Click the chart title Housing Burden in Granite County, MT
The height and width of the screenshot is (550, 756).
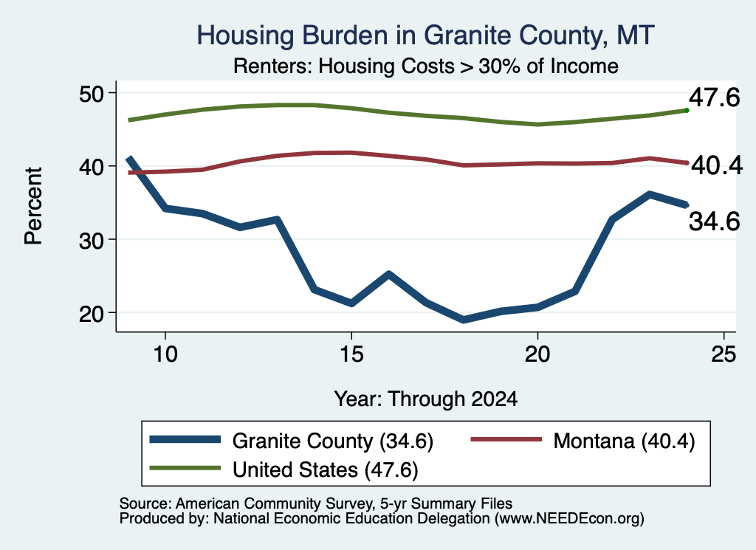point(425,35)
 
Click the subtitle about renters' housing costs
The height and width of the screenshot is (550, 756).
point(426,66)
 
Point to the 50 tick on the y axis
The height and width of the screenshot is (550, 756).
point(92,93)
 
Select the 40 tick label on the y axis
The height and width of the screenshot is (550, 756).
point(92,166)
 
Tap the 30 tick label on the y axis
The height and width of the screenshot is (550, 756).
point(92,240)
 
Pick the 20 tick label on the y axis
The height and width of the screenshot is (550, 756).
point(92,314)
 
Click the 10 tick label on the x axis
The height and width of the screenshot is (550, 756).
point(165,354)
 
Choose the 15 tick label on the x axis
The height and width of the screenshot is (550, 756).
point(351,354)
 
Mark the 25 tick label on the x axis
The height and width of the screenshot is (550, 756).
point(724,354)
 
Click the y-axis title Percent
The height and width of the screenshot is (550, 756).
point(34,206)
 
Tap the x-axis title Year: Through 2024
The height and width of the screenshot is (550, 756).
point(426,399)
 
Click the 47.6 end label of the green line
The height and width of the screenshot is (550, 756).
point(714,98)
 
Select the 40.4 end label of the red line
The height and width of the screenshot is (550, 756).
point(717,165)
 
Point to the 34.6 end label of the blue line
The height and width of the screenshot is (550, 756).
point(714,221)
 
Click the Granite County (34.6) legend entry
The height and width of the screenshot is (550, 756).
point(292,441)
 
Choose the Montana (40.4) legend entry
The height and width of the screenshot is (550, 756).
point(583,441)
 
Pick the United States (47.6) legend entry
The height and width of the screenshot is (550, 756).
point(284,470)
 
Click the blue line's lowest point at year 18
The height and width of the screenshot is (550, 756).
point(464,320)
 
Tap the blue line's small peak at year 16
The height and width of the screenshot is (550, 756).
point(388,275)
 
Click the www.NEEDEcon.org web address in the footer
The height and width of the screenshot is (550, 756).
point(569,519)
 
